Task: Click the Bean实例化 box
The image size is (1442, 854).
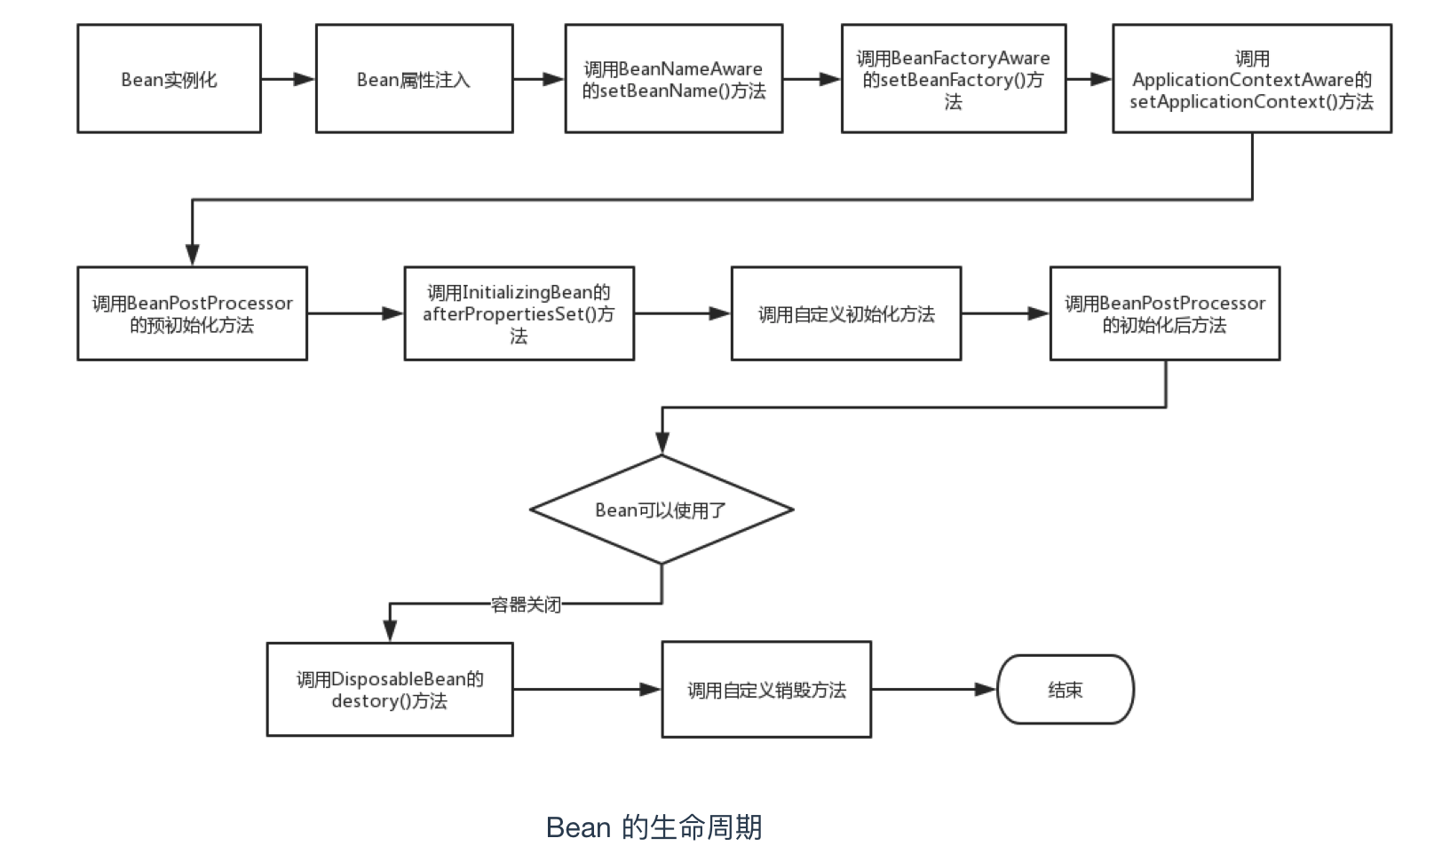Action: point(169,79)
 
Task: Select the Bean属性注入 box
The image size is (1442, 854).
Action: point(414,79)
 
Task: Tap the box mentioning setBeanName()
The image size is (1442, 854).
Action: point(673,79)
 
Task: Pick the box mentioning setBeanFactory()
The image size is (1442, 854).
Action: point(953,79)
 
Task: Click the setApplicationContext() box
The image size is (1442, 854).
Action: point(1251,79)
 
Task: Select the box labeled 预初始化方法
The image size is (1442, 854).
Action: point(192,313)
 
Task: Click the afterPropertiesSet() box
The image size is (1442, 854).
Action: point(519,313)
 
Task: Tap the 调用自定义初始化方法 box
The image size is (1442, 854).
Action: point(845,313)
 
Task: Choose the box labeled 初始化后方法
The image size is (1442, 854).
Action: point(1164,313)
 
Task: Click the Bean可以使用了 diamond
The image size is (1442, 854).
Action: point(661,510)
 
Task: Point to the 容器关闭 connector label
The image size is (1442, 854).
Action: point(526,605)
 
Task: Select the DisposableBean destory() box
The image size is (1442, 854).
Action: point(390,690)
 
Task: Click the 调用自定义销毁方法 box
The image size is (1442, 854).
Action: point(766,690)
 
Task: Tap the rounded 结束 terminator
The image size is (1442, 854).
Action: point(1065,690)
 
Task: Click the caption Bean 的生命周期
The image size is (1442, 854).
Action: point(654,826)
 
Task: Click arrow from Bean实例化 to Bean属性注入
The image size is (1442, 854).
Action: point(288,79)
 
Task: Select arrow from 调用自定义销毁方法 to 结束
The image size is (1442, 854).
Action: point(933,690)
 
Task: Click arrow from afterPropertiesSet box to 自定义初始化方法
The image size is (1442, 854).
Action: point(682,313)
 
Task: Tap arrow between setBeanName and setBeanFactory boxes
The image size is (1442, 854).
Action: point(812,79)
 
